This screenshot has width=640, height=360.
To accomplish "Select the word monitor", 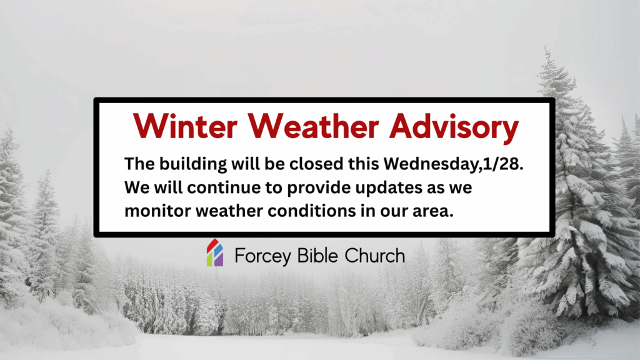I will [157, 211].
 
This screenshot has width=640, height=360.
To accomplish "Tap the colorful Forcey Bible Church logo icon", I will [215, 253].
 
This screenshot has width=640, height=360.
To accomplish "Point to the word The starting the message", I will [137, 164].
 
